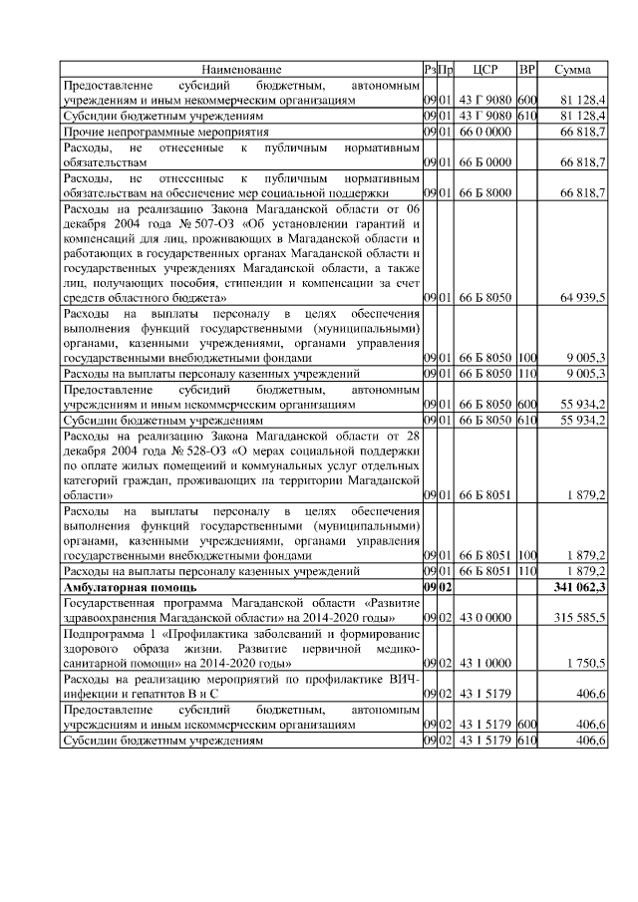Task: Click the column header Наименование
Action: pyautogui.click(x=240, y=70)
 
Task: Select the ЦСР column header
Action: pyautogui.click(x=486, y=70)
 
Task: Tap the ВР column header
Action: pyautogui.click(x=527, y=70)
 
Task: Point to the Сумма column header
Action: pyautogui.click(x=573, y=70)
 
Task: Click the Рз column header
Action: pyautogui.click(x=429, y=70)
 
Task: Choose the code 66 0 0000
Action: pyautogui.click(x=485, y=131)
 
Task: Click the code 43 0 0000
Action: pyautogui.click(x=485, y=618)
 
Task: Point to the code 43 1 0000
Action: pyautogui.click(x=485, y=662)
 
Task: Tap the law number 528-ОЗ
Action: pyautogui.click(x=192, y=450)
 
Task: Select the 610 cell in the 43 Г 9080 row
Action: pyautogui.click(x=527, y=116)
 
